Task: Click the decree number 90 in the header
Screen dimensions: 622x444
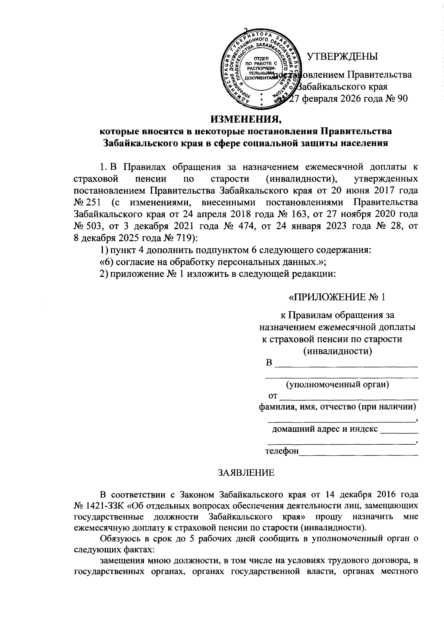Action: pos(401,99)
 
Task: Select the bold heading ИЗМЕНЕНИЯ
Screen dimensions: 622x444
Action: pos(246,119)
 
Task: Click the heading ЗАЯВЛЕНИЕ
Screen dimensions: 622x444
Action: pos(246,473)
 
